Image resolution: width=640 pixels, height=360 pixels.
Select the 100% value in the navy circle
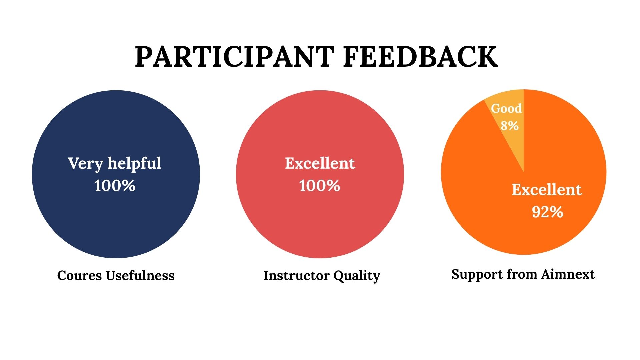[x=115, y=185]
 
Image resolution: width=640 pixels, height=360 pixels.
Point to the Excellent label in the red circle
[x=320, y=163]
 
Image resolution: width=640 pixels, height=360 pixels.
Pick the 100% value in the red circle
[x=320, y=185]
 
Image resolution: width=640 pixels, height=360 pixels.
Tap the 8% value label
[x=510, y=126]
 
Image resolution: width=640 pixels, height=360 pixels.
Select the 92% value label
[x=548, y=212]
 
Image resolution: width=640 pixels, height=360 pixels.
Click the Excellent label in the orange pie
[x=547, y=189]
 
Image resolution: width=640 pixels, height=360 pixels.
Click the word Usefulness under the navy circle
[x=140, y=275]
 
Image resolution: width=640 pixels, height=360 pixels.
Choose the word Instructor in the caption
[x=296, y=275]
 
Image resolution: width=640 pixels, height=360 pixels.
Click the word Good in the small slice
[x=506, y=108]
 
